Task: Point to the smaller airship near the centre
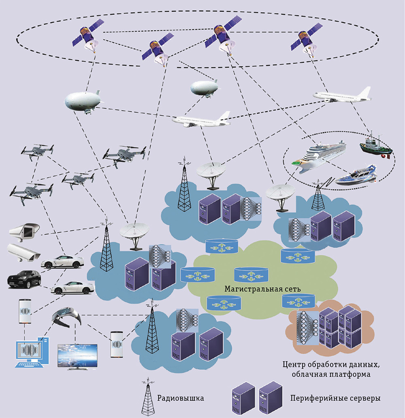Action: click(204, 87)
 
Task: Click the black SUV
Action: click(24, 279)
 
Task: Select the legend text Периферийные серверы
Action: click(335, 398)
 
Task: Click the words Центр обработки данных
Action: click(331, 365)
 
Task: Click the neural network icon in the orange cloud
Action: click(305, 327)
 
